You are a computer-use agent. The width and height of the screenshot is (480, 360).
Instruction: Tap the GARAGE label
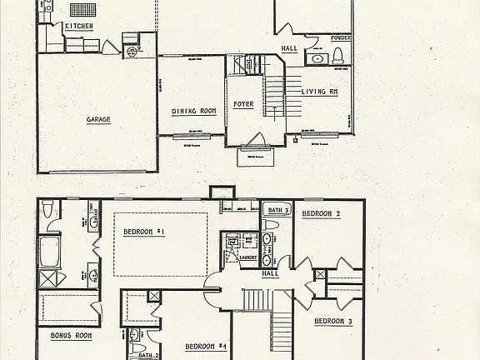98,119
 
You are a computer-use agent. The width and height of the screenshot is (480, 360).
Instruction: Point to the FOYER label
243,104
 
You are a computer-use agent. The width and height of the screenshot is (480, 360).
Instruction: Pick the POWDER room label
340,38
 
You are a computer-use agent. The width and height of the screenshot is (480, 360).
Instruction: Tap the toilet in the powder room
337,57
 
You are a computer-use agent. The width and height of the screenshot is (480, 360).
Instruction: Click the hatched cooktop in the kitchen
83,10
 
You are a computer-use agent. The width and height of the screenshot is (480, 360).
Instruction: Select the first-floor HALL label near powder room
289,49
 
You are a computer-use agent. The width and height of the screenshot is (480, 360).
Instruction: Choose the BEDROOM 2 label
321,214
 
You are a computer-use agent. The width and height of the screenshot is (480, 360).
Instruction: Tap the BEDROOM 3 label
333,321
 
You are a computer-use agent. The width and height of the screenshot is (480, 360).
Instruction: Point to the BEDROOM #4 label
206,346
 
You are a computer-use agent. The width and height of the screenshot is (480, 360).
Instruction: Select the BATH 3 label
276,211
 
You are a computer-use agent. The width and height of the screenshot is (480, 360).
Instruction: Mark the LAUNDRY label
246,257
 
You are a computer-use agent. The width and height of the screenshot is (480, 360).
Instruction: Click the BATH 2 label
137,355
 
